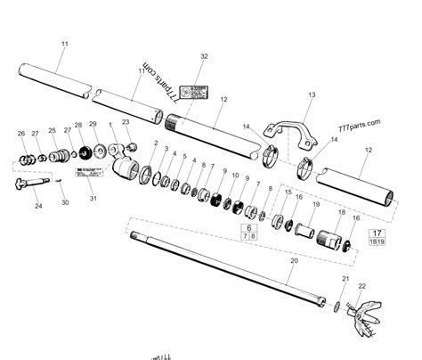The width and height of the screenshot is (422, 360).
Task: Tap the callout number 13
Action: click(x=312, y=95)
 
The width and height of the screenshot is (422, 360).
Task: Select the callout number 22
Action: click(x=362, y=287)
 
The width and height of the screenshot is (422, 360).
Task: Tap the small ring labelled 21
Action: click(x=337, y=307)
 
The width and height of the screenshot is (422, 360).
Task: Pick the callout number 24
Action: click(x=38, y=207)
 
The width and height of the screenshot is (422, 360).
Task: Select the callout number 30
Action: click(x=64, y=203)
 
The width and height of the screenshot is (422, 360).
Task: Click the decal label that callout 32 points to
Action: click(x=191, y=90)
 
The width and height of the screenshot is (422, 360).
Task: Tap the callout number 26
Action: click(x=21, y=134)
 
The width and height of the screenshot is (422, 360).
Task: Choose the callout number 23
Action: click(x=126, y=122)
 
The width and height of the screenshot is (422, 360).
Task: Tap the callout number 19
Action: click(x=314, y=206)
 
